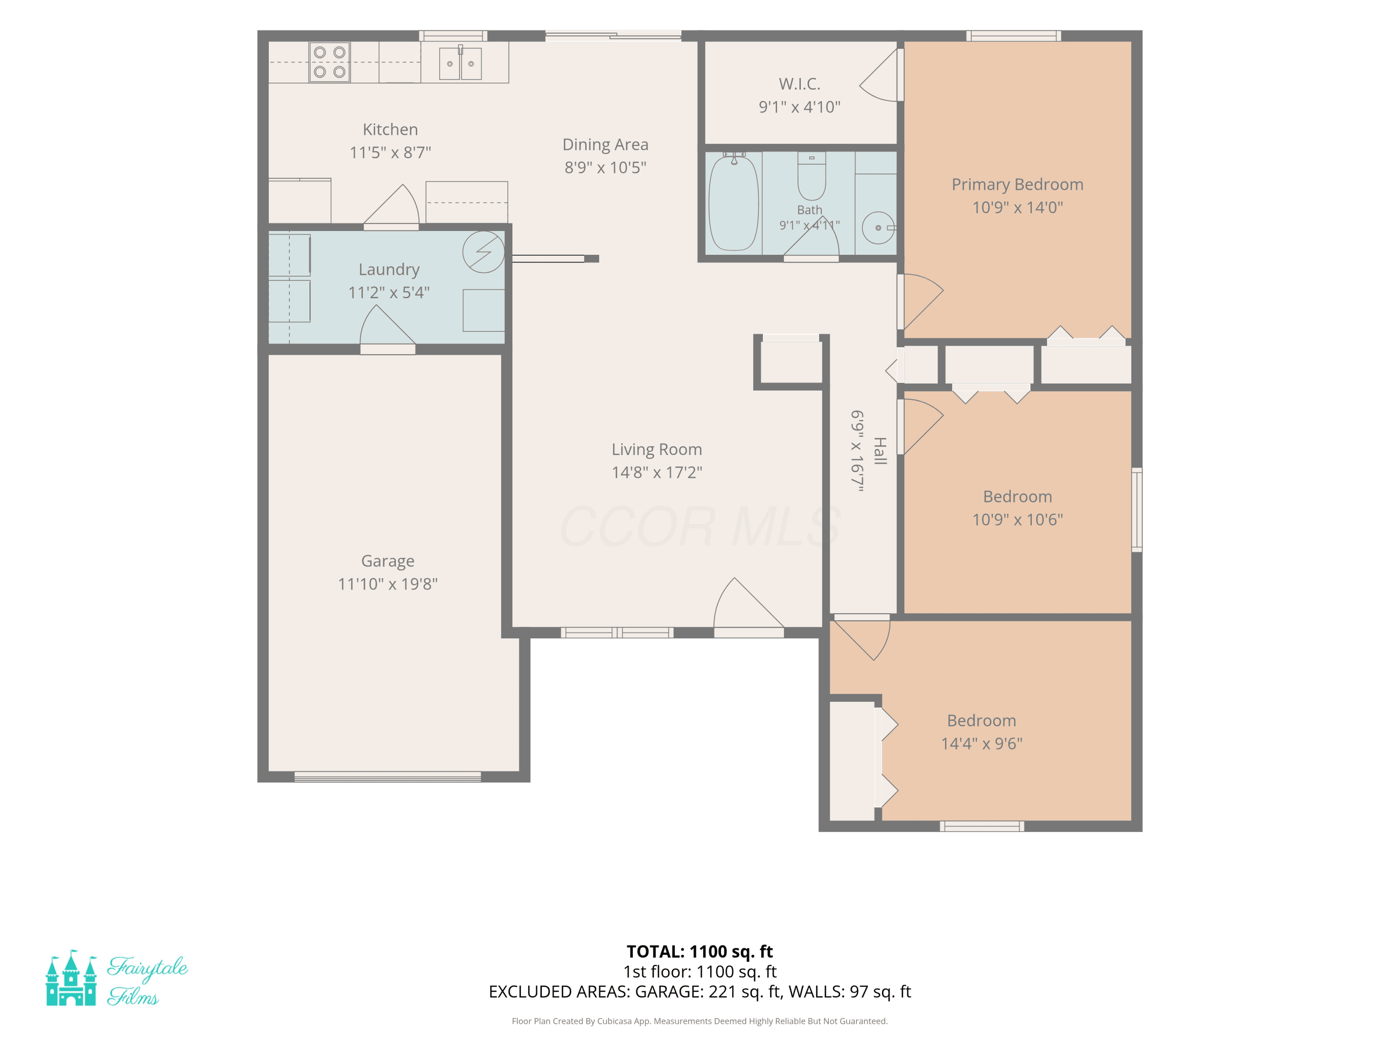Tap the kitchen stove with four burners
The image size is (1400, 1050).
tap(329, 62)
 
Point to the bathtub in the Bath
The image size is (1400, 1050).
tap(734, 202)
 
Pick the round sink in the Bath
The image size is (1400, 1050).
tap(878, 228)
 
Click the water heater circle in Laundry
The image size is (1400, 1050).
tap(483, 252)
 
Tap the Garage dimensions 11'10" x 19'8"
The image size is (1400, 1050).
tap(388, 584)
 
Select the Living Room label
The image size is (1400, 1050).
tap(657, 449)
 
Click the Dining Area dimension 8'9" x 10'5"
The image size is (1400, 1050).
tap(606, 168)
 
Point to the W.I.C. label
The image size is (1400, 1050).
tap(799, 84)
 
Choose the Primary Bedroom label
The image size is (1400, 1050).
tap(1018, 185)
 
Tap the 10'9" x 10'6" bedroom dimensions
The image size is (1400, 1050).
tap(1018, 519)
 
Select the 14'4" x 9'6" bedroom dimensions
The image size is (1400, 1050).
tap(982, 744)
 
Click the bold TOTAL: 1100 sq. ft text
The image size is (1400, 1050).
tap(700, 952)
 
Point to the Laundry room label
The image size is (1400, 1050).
tap(389, 270)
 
